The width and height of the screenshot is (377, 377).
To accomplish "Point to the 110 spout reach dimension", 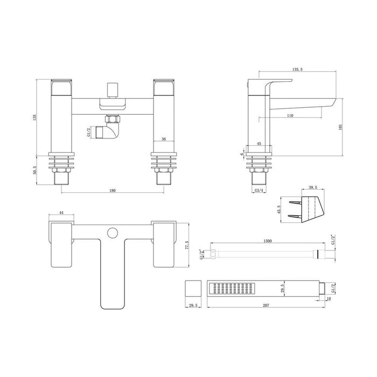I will [x=290, y=115].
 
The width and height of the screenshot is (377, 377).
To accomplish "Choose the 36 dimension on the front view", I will [x=163, y=138].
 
